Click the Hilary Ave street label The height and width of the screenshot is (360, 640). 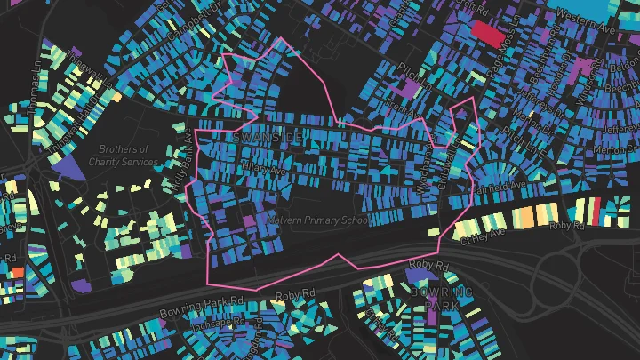point(265,168)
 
